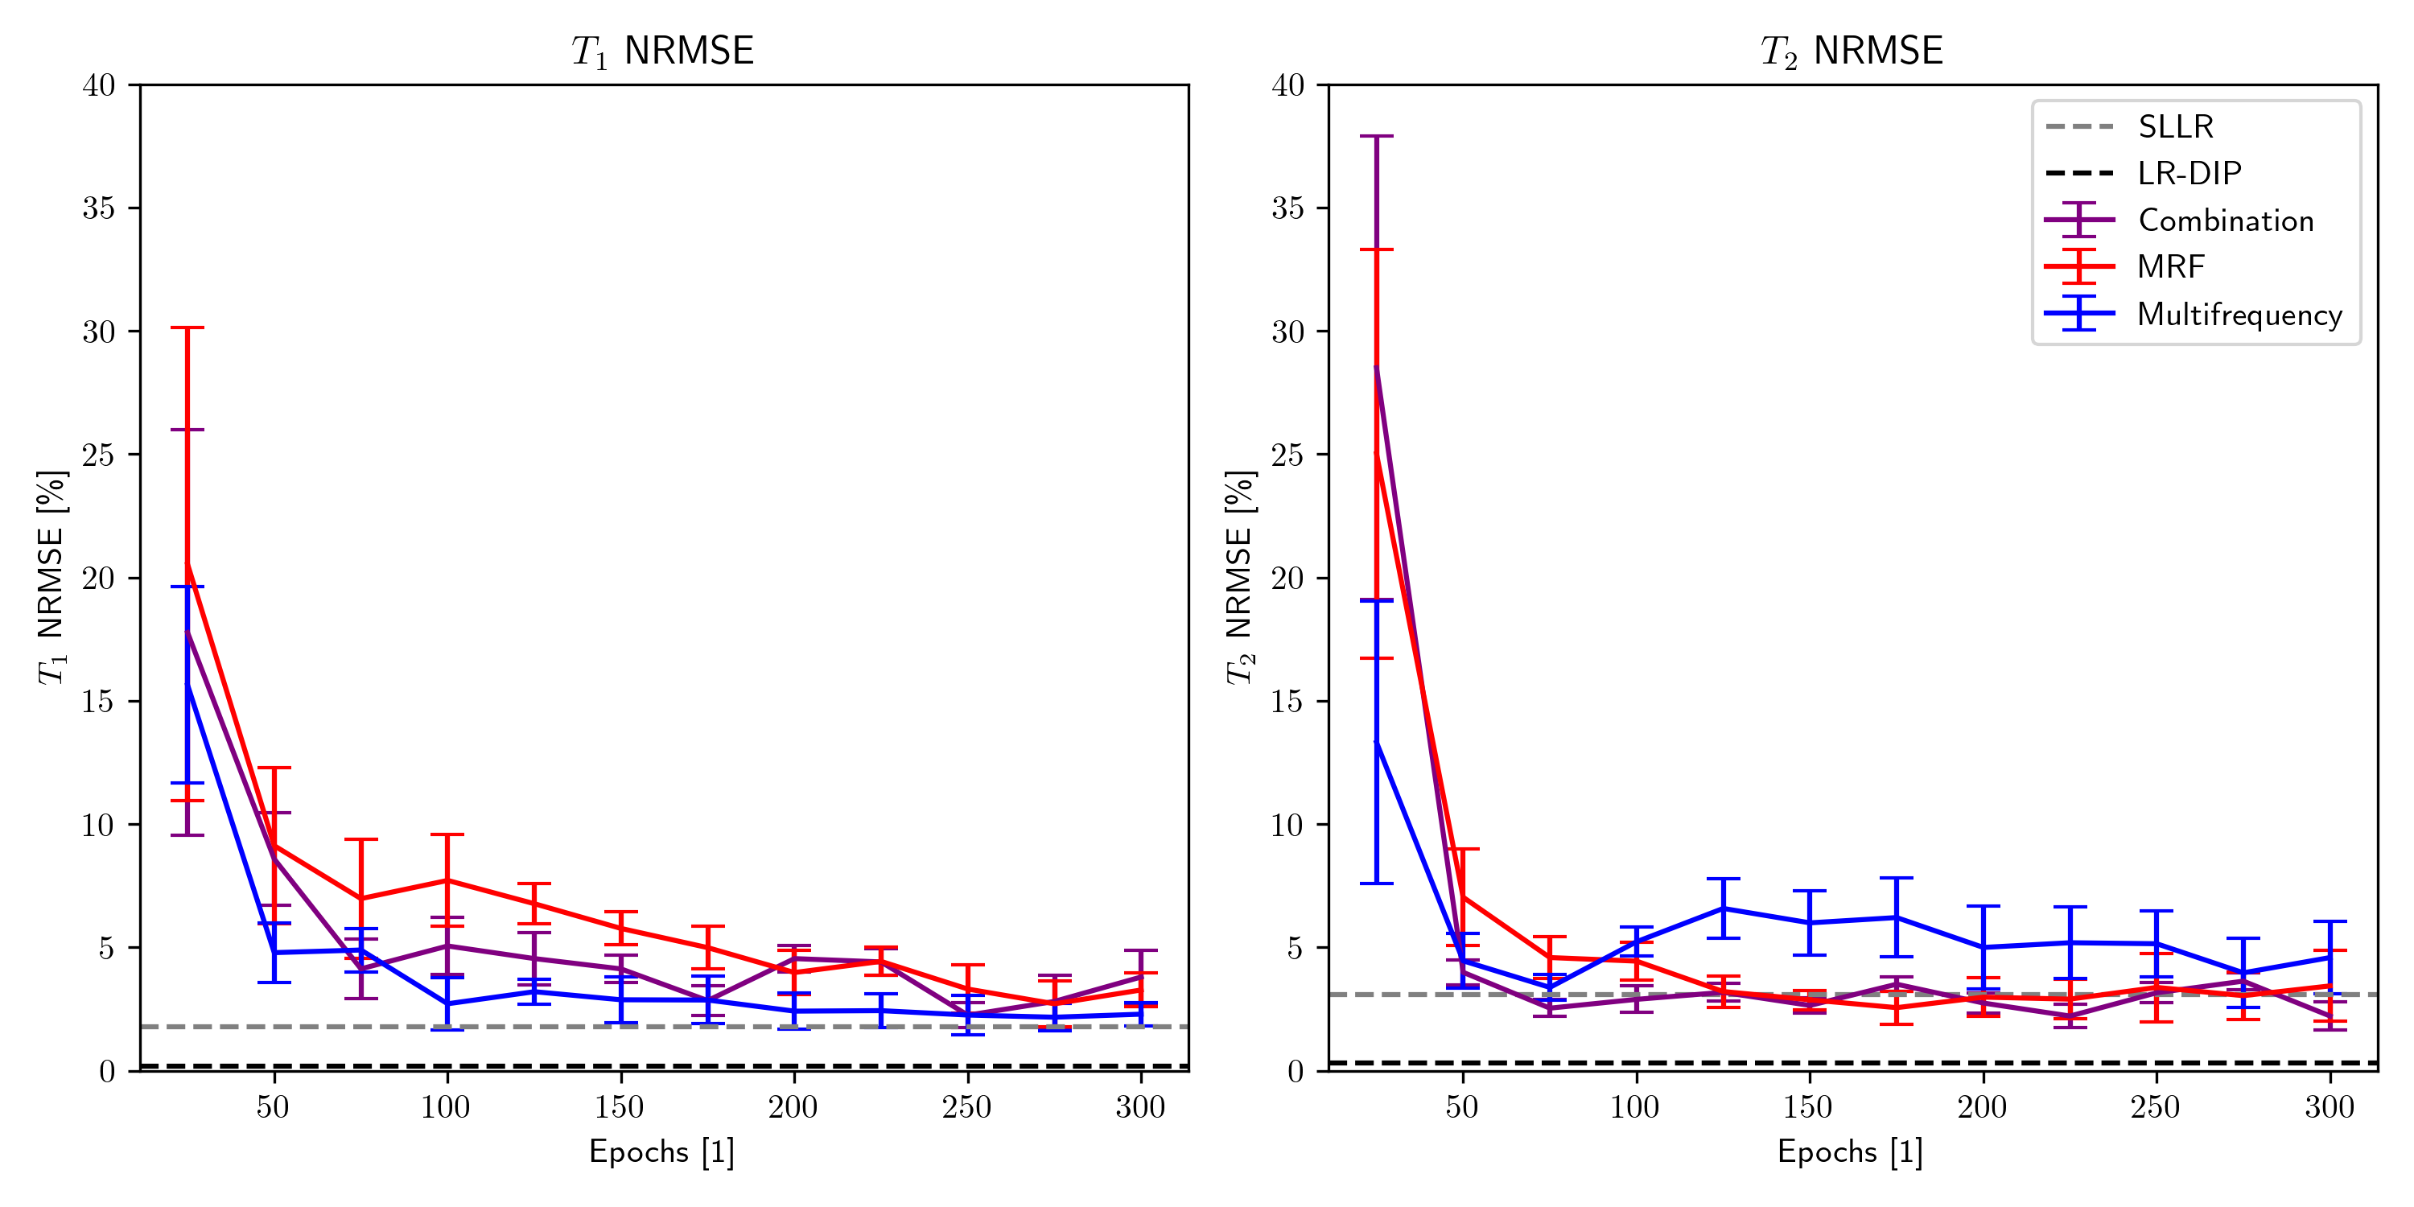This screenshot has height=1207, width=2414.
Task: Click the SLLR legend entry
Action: pyautogui.click(x=2174, y=126)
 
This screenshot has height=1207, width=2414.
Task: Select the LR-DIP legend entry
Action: pyautogui.click(x=2188, y=173)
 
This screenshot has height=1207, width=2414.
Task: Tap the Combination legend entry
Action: pyautogui.click(x=2225, y=220)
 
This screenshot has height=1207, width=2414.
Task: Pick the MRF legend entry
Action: pyautogui.click(x=2170, y=267)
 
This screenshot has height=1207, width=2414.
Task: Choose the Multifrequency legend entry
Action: pyautogui.click(x=2239, y=314)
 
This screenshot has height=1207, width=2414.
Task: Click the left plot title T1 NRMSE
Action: pyautogui.click(x=662, y=51)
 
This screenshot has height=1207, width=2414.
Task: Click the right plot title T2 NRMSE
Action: pyautogui.click(x=1852, y=51)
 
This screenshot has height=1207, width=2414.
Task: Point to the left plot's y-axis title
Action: pyautogui.click(x=51, y=577)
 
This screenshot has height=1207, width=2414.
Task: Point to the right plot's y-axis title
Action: pyautogui.click(x=1240, y=577)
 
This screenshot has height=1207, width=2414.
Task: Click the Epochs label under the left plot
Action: pyautogui.click(x=661, y=1151)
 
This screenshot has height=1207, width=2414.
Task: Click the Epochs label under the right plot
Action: pyautogui.click(x=1850, y=1151)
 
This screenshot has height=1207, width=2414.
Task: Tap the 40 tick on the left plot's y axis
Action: pyautogui.click(x=98, y=85)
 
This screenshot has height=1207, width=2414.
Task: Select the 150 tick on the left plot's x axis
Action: pyautogui.click(x=620, y=1108)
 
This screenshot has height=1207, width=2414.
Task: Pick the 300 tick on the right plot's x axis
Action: pyautogui.click(x=2330, y=1108)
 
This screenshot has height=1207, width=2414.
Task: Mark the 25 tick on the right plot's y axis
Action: pyautogui.click(x=1287, y=455)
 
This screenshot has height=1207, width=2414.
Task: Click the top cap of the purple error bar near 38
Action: pyautogui.click(x=1376, y=136)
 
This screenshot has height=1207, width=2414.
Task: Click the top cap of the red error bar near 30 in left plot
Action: pyautogui.click(x=187, y=328)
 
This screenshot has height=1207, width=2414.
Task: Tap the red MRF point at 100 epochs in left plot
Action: pyautogui.click(x=447, y=880)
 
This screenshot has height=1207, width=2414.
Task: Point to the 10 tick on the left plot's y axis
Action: pyautogui.click(x=98, y=825)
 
